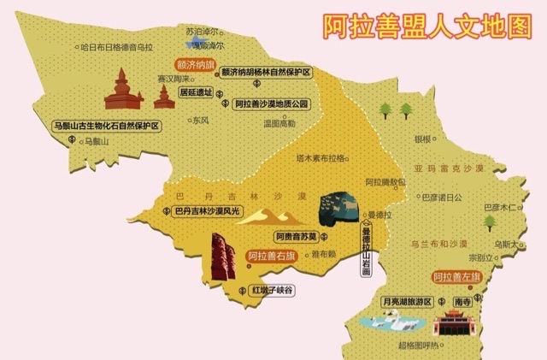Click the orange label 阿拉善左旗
point(456,276)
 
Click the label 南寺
point(462,301)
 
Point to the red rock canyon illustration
point(223,257)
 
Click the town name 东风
point(200,121)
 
